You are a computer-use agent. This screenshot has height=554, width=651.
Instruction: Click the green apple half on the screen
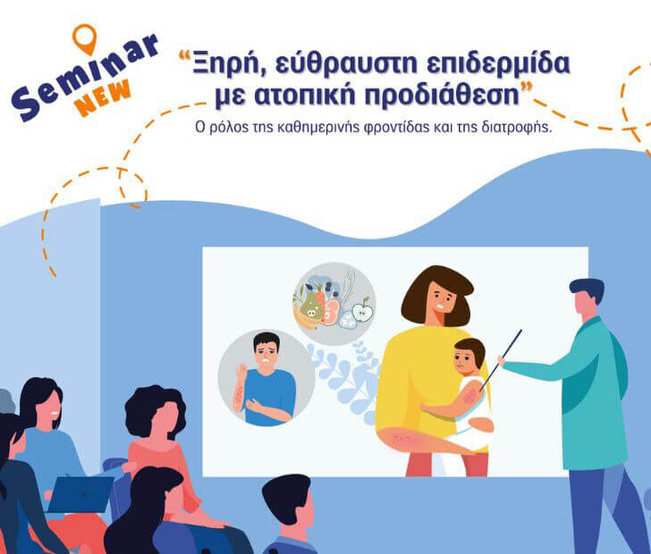point(361,313)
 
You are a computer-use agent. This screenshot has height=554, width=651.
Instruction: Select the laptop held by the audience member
point(80,493)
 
